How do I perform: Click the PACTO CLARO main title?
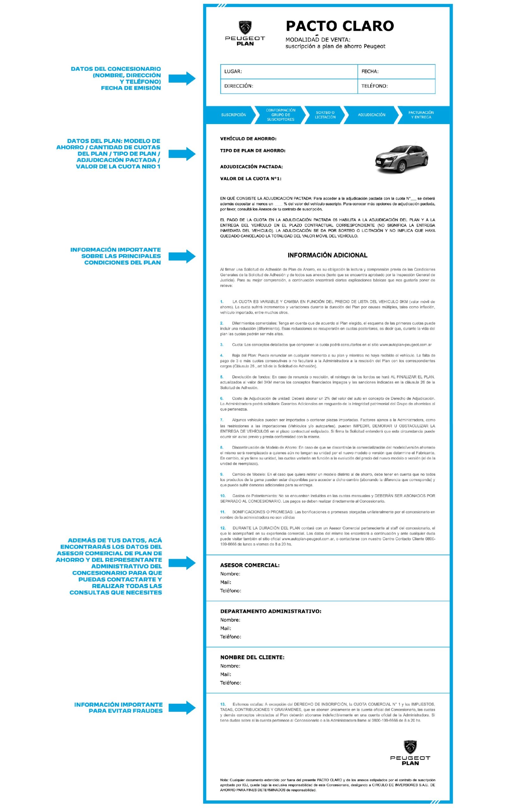point(340,26)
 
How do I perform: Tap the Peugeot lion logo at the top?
point(245,28)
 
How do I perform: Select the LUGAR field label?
point(233,72)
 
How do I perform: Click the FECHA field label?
point(370,72)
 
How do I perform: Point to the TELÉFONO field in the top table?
point(375,86)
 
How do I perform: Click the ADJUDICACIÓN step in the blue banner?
point(371,115)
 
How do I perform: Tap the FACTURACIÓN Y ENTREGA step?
point(421,115)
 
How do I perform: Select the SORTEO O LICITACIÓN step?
point(325,115)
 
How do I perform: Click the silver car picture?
point(401,159)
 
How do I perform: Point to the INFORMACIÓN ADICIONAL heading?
point(327,255)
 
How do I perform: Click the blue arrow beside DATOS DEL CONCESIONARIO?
point(182,79)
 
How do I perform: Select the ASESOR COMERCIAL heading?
point(250,565)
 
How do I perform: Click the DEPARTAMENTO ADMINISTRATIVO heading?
point(270,611)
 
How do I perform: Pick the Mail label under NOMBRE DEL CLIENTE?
point(226,674)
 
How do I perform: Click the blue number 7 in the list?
point(222,420)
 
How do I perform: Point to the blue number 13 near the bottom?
point(223,704)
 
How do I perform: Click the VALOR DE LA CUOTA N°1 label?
point(251,179)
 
